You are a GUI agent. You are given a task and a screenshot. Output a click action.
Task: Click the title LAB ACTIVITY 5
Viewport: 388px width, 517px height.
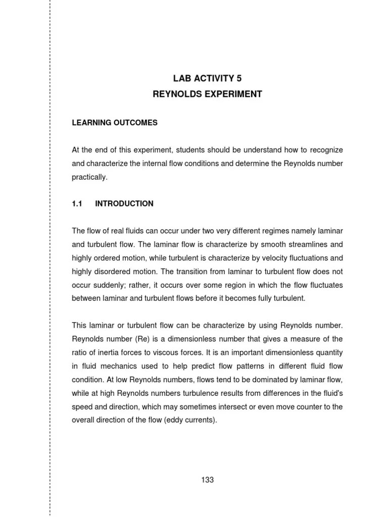pos(208,78)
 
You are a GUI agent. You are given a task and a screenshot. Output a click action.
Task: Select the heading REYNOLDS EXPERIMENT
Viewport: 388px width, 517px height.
pos(208,94)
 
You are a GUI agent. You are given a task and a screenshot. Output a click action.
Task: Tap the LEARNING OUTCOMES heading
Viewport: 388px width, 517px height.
pos(115,123)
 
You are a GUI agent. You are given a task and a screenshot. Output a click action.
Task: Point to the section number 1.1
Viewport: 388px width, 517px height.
pos(77,203)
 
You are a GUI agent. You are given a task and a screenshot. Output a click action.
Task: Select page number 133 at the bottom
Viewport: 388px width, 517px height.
pos(207,480)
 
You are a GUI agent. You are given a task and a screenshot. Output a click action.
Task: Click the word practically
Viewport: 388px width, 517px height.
pos(89,177)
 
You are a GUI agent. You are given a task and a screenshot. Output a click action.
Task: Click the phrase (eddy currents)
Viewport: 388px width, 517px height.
pos(190,420)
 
